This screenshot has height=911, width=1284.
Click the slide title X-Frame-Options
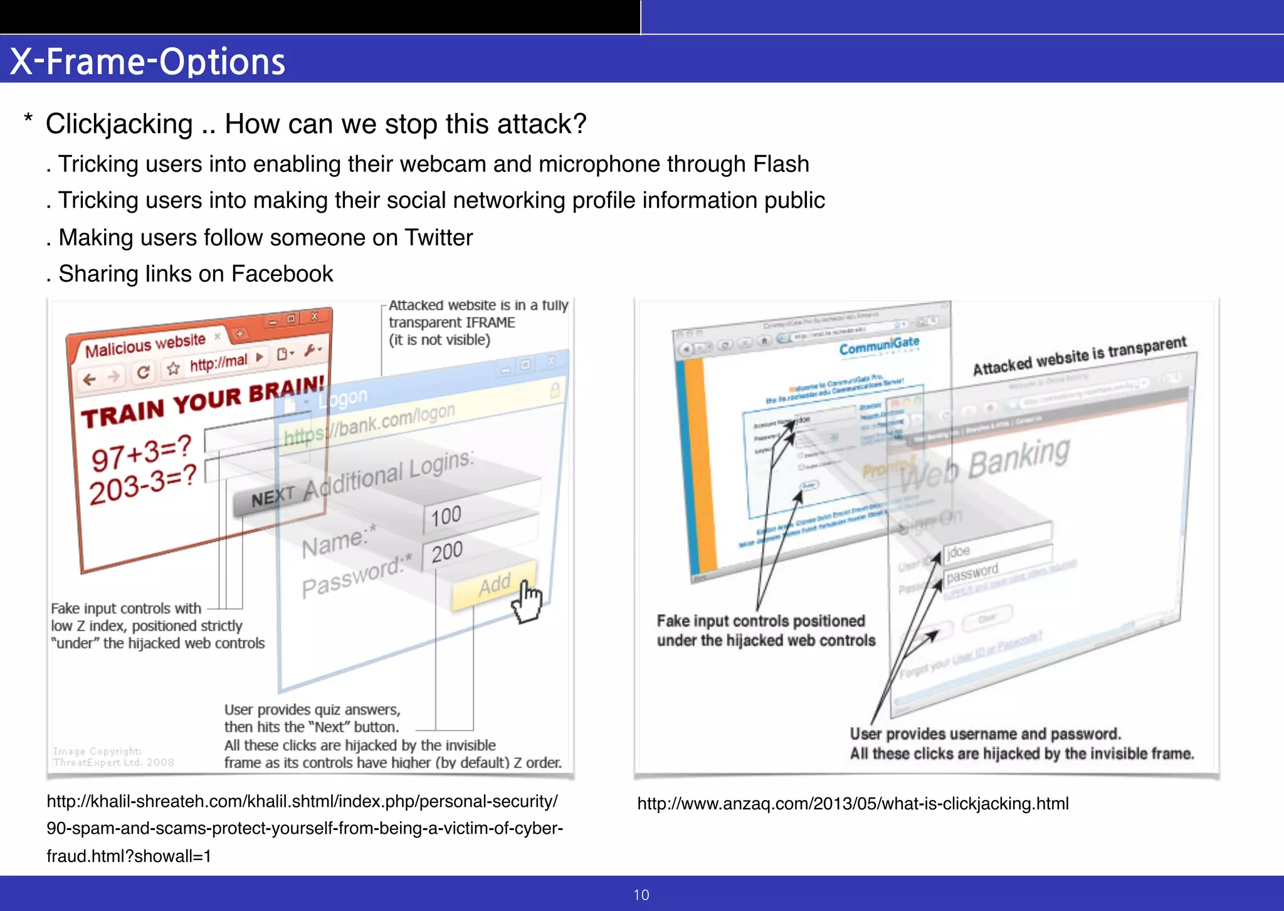click(148, 61)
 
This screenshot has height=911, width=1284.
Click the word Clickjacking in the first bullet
click(119, 124)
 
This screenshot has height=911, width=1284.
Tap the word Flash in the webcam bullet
click(781, 164)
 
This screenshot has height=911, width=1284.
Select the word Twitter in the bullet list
click(438, 238)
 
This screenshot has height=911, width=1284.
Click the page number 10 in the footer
click(641, 895)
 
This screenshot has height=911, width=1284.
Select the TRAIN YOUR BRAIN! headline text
click(203, 402)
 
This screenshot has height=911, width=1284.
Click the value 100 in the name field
click(446, 516)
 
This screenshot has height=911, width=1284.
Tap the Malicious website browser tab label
click(145, 345)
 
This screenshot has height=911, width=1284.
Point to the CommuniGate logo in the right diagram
click(879, 346)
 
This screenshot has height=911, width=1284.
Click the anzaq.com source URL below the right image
click(853, 804)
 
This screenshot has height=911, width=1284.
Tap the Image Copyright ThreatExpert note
click(113, 757)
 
